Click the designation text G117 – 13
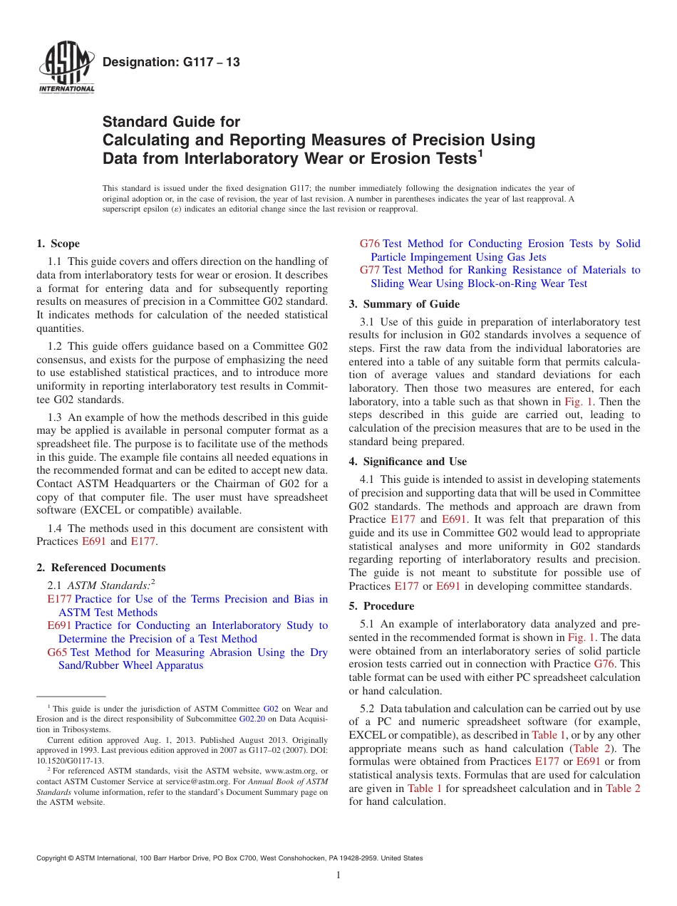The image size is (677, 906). click(x=171, y=62)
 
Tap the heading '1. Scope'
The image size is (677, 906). click(x=58, y=244)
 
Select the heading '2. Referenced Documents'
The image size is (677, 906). click(x=101, y=568)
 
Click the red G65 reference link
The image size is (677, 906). click(x=57, y=652)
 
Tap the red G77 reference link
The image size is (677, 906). click(x=369, y=271)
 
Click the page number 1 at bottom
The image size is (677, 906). click(x=338, y=876)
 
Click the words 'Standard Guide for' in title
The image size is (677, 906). click(x=172, y=122)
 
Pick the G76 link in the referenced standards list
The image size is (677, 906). click(x=369, y=244)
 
